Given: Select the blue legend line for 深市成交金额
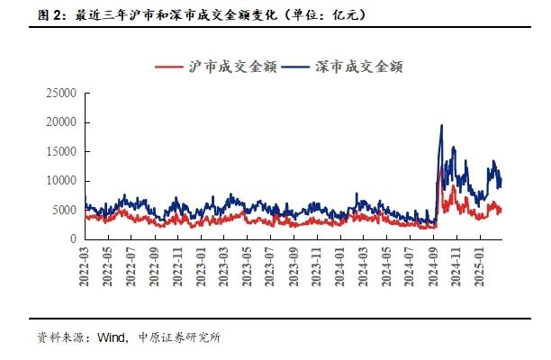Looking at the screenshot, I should click(x=297, y=67).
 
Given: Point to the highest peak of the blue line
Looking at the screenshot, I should click(x=441, y=126).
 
